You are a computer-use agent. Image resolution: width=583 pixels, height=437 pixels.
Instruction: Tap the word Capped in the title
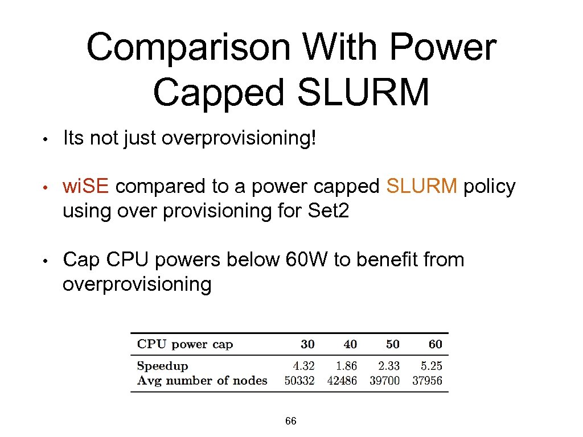pyautogui.click(x=218, y=93)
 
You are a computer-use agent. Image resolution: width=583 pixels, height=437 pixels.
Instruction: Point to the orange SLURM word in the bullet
pyautogui.click(x=422, y=186)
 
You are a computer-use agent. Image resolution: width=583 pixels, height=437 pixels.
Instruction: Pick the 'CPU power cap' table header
pyautogui.click(x=185, y=344)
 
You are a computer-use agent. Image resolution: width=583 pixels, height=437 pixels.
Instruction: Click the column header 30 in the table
pyautogui.click(x=307, y=344)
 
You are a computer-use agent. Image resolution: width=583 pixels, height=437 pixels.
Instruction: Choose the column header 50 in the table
pyautogui.click(x=392, y=344)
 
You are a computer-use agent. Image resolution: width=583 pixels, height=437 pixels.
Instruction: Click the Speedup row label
pyautogui.click(x=162, y=366)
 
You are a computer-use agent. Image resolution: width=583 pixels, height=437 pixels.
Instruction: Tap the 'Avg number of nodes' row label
pyautogui.click(x=202, y=381)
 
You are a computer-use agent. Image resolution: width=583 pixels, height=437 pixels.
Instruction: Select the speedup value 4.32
pyautogui.click(x=303, y=366)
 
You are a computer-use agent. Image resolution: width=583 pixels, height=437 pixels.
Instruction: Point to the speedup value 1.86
pyautogui.click(x=346, y=366)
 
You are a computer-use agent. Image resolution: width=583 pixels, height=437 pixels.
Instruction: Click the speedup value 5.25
pyautogui.click(x=431, y=366)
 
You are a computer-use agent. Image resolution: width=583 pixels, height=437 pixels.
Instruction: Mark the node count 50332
pyautogui.click(x=299, y=381)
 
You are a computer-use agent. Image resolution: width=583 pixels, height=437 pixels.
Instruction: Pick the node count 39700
pyautogui.click(x=385, y=381)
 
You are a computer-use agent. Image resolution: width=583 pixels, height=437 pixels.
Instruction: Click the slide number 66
pyautogui.click(x=290, y=422)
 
